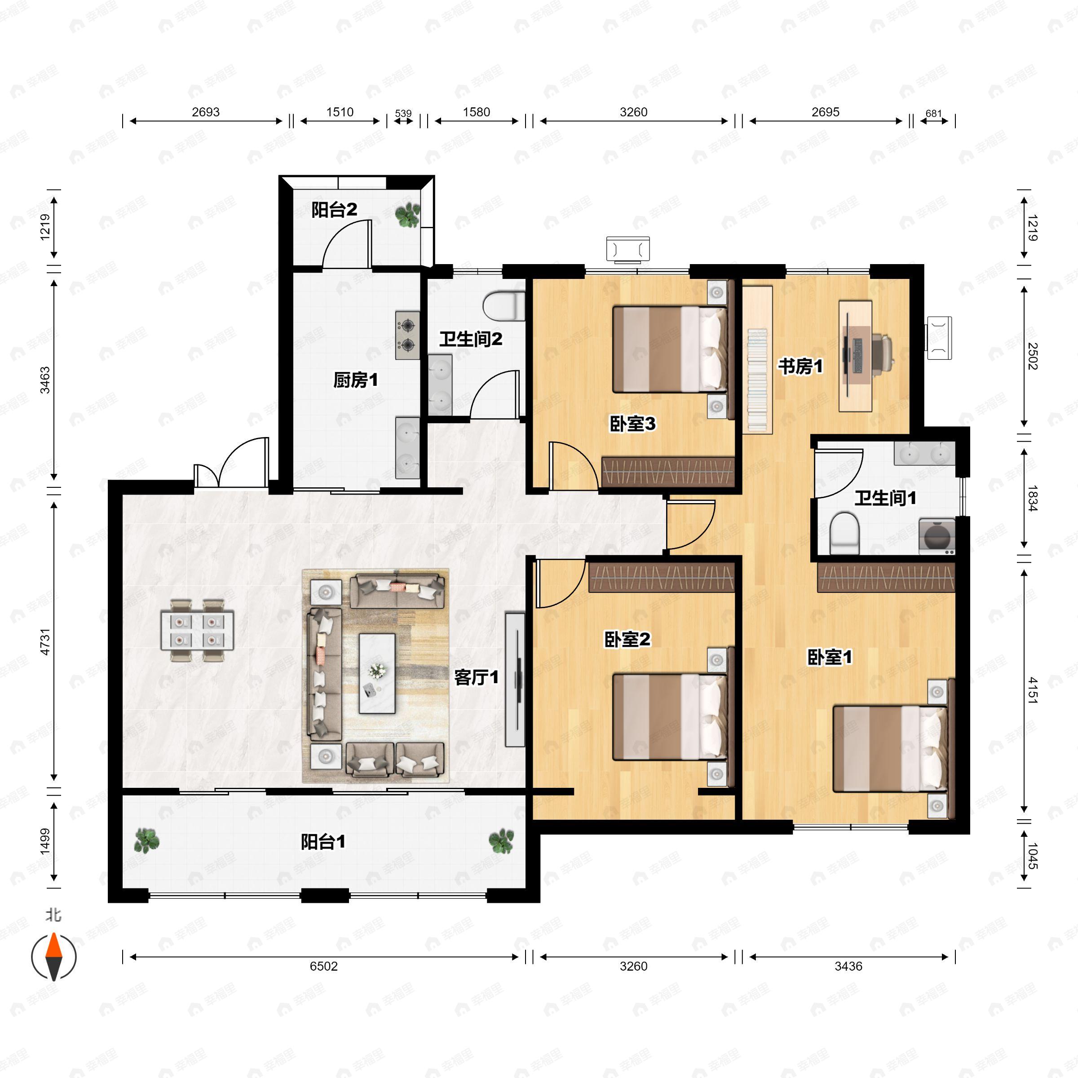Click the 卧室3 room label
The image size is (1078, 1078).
(x=632, y=424)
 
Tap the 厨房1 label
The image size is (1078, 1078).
(x=355, y=380)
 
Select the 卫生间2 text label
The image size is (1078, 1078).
(x=470, y=339)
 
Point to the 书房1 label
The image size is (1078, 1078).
(x=801, y=367)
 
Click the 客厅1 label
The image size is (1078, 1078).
(x=476, y=677)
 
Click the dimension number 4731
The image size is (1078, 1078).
(x=45, y=642)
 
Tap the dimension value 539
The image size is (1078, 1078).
(x=403, y=113)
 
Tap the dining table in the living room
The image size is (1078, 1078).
(x=197, y=631)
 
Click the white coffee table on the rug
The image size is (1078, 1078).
(x=377, y=673)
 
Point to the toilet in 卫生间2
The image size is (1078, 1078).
(x=504, y=306)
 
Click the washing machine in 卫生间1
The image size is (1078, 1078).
(x=937, y=536)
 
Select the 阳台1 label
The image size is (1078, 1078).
(x=323, y=842)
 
